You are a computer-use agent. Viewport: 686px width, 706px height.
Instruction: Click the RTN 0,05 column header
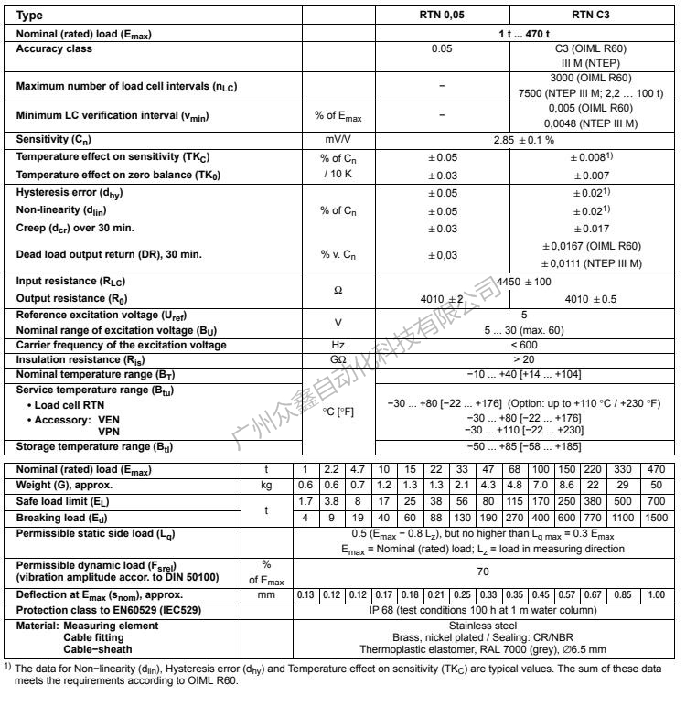(441, 16)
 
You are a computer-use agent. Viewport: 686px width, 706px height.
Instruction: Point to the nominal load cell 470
(655, 470)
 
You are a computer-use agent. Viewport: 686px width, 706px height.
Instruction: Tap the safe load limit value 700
(655, 500)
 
